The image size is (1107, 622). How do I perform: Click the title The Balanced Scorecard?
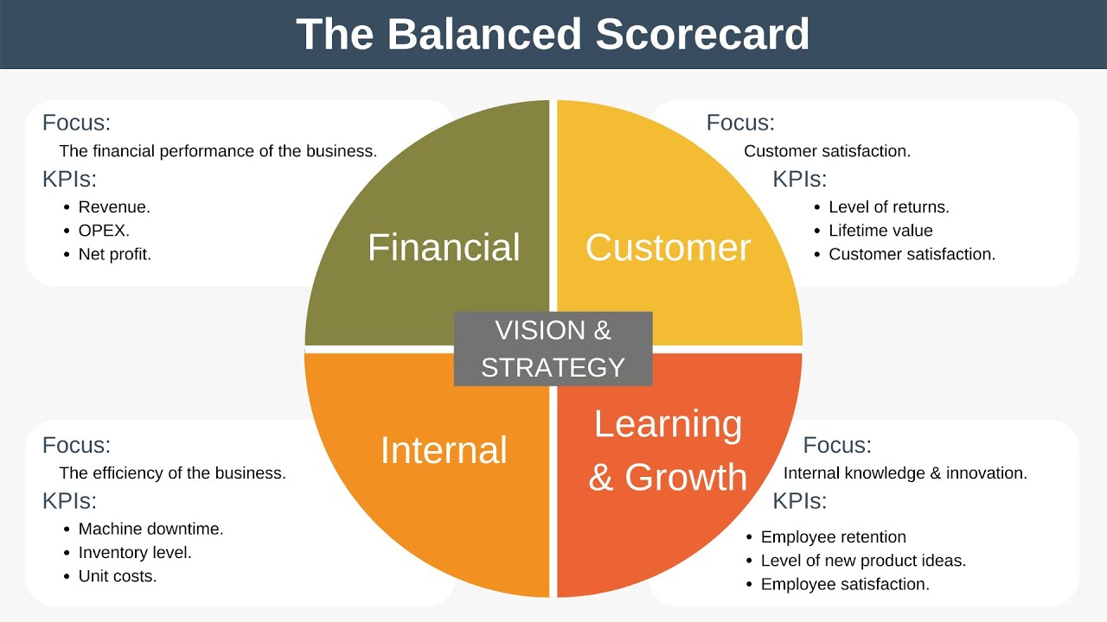tap(553, 35)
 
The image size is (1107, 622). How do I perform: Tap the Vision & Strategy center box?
tap(553, 348)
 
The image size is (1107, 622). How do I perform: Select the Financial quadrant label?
tap(444, 247)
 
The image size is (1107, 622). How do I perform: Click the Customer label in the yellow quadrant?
tap(668, 247)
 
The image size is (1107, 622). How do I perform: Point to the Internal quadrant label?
tap(444, 450)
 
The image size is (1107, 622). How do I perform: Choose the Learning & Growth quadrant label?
tap(668, 450)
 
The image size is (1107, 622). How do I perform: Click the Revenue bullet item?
tap(114, 207)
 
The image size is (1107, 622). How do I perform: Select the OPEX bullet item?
tap(104, 231)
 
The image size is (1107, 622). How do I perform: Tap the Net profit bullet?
tap(114, 255)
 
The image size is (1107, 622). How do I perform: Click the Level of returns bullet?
tap(888, 207)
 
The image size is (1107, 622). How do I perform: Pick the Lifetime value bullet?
tap(880, 231)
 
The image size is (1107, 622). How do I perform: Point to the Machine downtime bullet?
tap(150, 529)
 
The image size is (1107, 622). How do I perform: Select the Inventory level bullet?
tap(135, 552)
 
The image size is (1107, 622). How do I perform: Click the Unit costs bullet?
tap(118, 576)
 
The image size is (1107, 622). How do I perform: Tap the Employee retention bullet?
tap(833, 537)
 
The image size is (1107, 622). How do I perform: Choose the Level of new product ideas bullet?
tap(863, 561)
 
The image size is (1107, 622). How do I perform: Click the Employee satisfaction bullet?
tap(845, 585)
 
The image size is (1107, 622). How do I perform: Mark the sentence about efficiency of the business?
tap(172, 473)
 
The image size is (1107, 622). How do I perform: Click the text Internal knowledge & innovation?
tap(905, 473)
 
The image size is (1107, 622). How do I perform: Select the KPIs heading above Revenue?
tap(69, 180)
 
